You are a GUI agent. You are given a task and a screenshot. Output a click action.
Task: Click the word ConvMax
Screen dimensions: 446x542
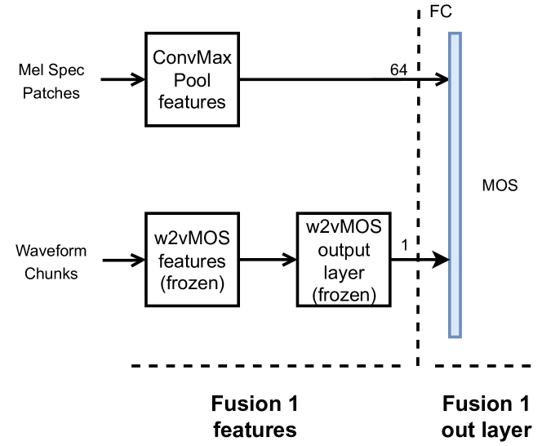point(192,60)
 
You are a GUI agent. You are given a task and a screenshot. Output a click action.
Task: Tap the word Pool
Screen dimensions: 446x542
point(192,81)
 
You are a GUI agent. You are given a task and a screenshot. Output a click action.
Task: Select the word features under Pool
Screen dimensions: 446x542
point(192,102)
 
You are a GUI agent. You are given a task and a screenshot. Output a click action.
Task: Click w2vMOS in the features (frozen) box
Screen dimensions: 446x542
point(192,239)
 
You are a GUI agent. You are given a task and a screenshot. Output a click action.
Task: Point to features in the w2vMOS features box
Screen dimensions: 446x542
point(192,261)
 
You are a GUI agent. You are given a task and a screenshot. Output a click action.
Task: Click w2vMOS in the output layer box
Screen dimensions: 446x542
point(344,225)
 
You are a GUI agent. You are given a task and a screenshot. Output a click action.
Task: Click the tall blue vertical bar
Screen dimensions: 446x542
point(455,185)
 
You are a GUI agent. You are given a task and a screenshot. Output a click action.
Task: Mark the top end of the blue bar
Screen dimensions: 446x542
point(455,34)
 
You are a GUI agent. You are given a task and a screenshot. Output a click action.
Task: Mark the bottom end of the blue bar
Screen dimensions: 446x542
point(455,335)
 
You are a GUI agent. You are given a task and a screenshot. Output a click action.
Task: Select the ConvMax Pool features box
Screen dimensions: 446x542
point(192,79)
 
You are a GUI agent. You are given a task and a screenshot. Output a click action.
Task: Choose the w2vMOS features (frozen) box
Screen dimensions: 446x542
point(192,260)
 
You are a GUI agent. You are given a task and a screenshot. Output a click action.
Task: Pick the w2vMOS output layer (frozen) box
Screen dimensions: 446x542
point(344,260)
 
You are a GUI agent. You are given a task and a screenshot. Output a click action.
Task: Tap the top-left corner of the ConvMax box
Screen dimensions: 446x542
point(149,36)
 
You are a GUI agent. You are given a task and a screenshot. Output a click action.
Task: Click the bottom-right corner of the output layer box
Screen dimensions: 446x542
point(388,303)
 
